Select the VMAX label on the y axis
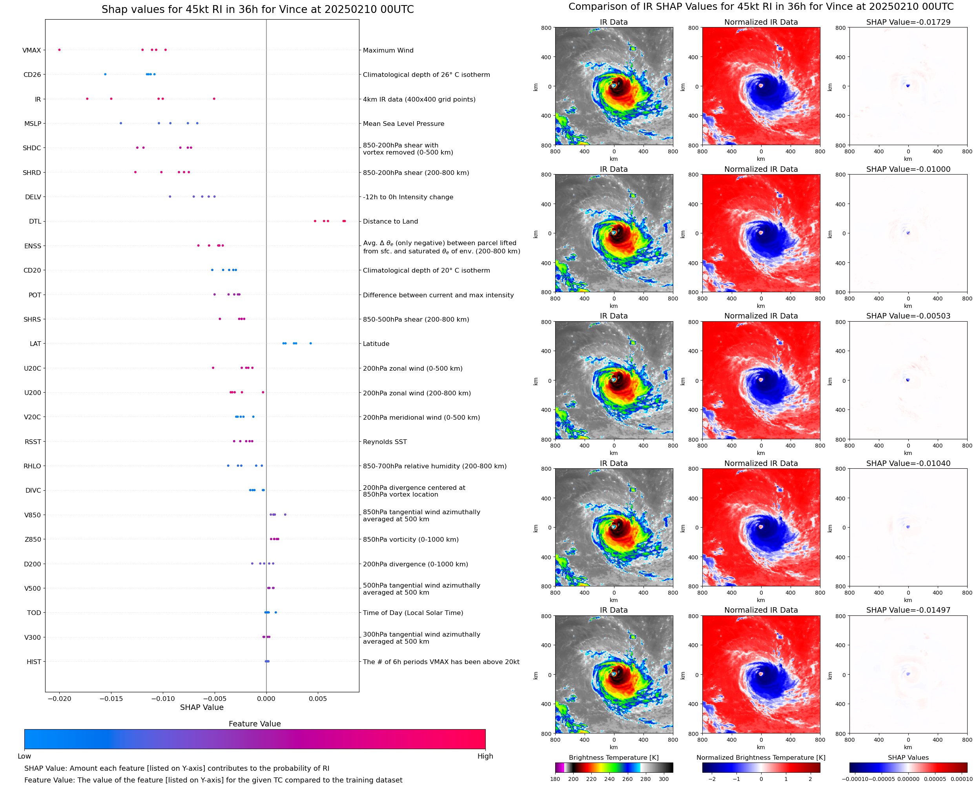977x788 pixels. (x=32, y=50)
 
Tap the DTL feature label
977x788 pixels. (x=35, y=222)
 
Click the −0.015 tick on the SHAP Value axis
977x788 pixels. (x=111, y=699)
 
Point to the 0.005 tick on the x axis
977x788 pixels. (x=318, y=699)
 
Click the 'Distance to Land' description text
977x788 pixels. (x=390, y=222)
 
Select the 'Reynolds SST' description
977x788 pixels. (x=385, y=442)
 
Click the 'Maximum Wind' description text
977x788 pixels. (x=388, y=50)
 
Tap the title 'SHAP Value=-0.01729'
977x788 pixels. (x=908, y=22)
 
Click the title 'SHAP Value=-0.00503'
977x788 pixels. (x=908, y=316)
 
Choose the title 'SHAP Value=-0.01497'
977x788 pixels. (x=908, y=610)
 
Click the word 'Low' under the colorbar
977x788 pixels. (x=24, y=756)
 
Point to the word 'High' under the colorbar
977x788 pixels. (x=485, y=756)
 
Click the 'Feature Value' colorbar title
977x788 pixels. (x=255, y=724)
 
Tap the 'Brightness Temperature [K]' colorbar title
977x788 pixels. (x=613, y=757)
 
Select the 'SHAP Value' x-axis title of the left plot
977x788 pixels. (x=202, y=707)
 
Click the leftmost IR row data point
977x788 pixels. (x=87, y=99)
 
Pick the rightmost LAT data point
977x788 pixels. (x=310, y=344)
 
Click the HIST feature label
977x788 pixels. (x=34, y=662)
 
